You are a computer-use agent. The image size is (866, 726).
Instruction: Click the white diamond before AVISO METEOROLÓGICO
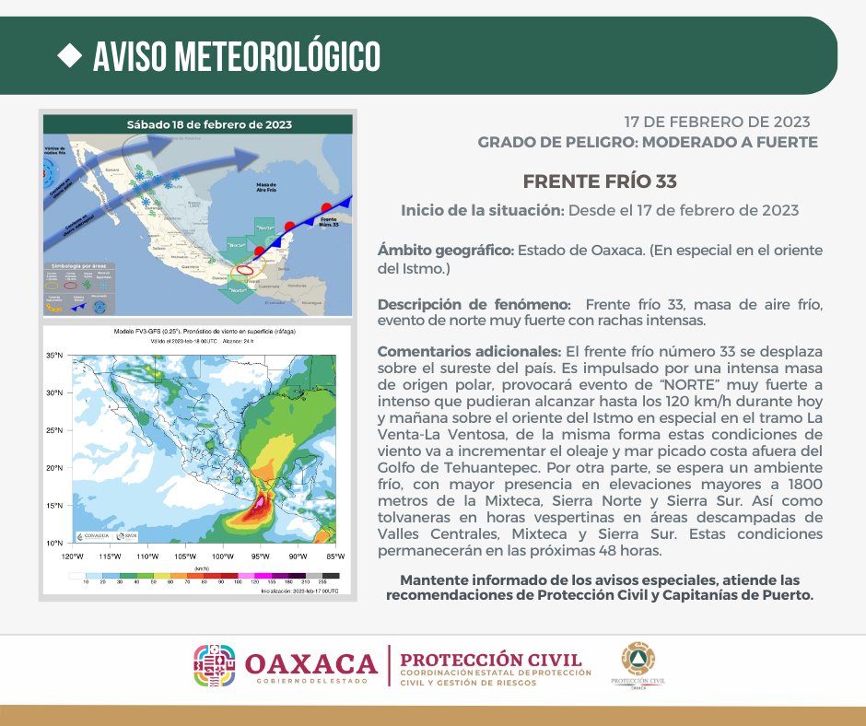tap(69, 55)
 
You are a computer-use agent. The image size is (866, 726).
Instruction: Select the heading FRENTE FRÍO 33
tap(587, 181)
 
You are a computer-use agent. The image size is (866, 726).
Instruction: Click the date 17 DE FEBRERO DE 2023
tap(717, 122)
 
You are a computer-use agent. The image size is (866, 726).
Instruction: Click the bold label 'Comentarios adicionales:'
tap(469, 352)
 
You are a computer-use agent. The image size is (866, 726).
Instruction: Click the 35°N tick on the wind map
tap(54, 355)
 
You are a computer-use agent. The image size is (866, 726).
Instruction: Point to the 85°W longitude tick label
tap(335, 556)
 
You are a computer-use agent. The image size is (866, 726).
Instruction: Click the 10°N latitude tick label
tap(54, 543)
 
